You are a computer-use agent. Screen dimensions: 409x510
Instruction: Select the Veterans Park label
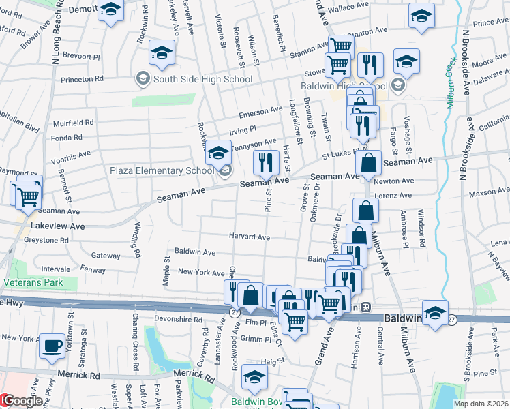(33, 282)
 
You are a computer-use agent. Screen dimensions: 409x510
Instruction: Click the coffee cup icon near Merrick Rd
(52, 345)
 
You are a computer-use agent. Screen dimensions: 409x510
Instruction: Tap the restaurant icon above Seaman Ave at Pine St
(264, 162)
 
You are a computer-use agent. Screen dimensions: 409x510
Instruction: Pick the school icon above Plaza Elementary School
(220, 151)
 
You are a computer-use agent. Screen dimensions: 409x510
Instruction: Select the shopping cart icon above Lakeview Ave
(28, 196)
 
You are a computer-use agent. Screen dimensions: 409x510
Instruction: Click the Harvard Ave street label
(250, 237)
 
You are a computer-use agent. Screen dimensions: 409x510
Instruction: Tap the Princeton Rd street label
(80, 79)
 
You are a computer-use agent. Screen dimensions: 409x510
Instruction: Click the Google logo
(22, 401)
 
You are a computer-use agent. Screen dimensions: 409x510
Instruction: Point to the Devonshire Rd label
(179, 319)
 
